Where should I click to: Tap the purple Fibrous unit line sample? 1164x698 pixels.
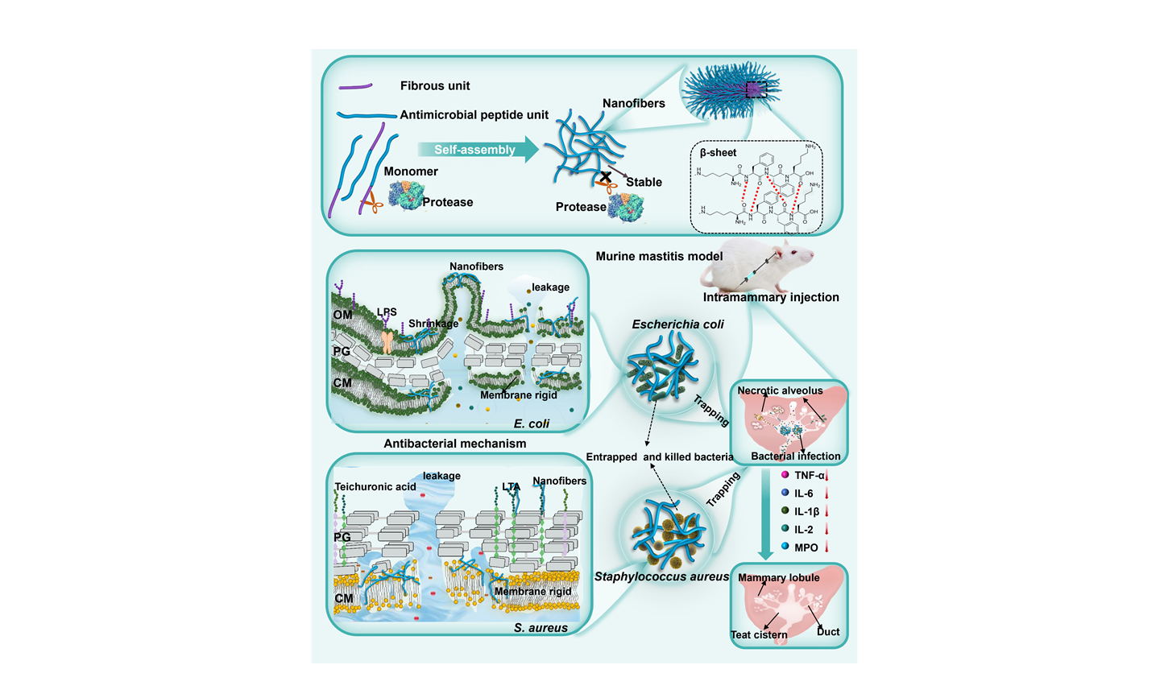tap(354, 86)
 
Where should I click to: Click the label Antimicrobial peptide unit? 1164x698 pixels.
tap(474, 115)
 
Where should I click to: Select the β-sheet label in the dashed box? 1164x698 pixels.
tap(718, 153)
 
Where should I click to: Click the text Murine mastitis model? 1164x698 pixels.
tap(659, 257)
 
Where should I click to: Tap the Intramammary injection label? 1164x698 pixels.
tap(771, 297)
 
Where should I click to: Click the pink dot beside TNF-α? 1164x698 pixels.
tap(785, 475)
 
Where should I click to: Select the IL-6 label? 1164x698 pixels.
tap(803, 494)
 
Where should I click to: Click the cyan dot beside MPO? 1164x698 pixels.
tap(785, 547)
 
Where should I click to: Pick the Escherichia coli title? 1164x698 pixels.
tap(677, 324)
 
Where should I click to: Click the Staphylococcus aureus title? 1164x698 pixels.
tap(661, 576)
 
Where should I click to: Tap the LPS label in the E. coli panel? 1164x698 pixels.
tap(387, 312)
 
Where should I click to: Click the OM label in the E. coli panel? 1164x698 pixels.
tap(342, 315)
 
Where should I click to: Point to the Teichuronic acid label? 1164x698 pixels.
tap(375, 487)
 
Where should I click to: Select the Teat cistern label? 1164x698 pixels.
tap(759, 634)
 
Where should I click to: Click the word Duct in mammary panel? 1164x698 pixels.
tap(828, 632)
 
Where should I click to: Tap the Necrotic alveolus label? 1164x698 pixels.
tap(780, 390)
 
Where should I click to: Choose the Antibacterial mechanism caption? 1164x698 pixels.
tap(454, 444)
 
